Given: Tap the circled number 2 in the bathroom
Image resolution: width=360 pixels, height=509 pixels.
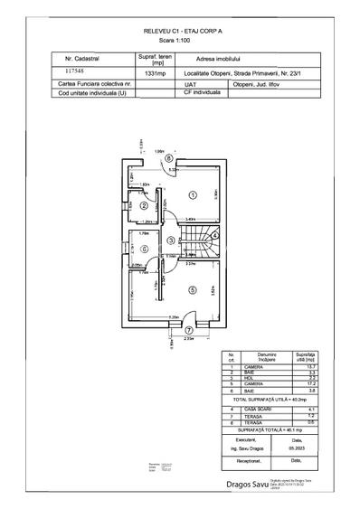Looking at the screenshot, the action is point(144,205).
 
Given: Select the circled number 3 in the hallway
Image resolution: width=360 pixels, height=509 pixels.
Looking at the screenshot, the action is point(170,240).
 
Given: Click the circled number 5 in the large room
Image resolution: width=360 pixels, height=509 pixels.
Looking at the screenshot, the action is point(191,289).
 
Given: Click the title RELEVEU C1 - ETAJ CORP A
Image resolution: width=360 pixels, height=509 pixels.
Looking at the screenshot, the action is point(181,30).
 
